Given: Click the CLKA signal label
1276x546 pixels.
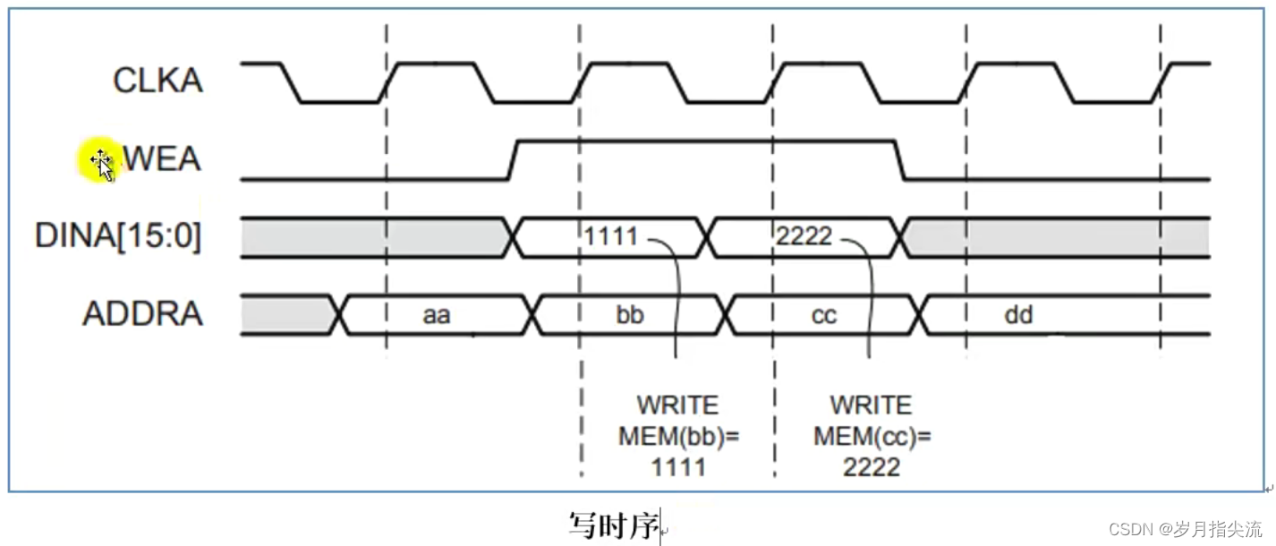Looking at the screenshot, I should (157, 81).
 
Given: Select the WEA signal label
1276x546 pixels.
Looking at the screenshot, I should (161, 160).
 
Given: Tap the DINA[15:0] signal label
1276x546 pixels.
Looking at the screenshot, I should (117, 237).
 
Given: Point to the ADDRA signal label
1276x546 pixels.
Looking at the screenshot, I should (142, 314).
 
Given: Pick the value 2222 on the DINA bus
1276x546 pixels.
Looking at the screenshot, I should (804, 237).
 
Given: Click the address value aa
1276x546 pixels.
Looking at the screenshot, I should (436, 315).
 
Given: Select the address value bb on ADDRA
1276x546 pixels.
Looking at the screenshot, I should (629, 315).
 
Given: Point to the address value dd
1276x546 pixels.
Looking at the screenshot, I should (1017, 315).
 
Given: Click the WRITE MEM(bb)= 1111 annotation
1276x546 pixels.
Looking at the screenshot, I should (676, 436).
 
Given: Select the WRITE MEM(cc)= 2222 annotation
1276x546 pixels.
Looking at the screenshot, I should (871, 436).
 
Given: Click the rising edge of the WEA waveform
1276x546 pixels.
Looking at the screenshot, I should (514, 159).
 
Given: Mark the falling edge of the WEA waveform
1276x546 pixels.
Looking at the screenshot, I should (900, 159).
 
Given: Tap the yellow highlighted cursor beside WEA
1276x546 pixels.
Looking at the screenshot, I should (98, 162).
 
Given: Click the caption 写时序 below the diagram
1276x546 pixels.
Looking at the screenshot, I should (613, 525).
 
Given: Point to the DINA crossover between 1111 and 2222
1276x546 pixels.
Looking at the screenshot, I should (708, 237).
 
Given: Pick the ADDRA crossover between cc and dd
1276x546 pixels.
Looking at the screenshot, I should (920, 314).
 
